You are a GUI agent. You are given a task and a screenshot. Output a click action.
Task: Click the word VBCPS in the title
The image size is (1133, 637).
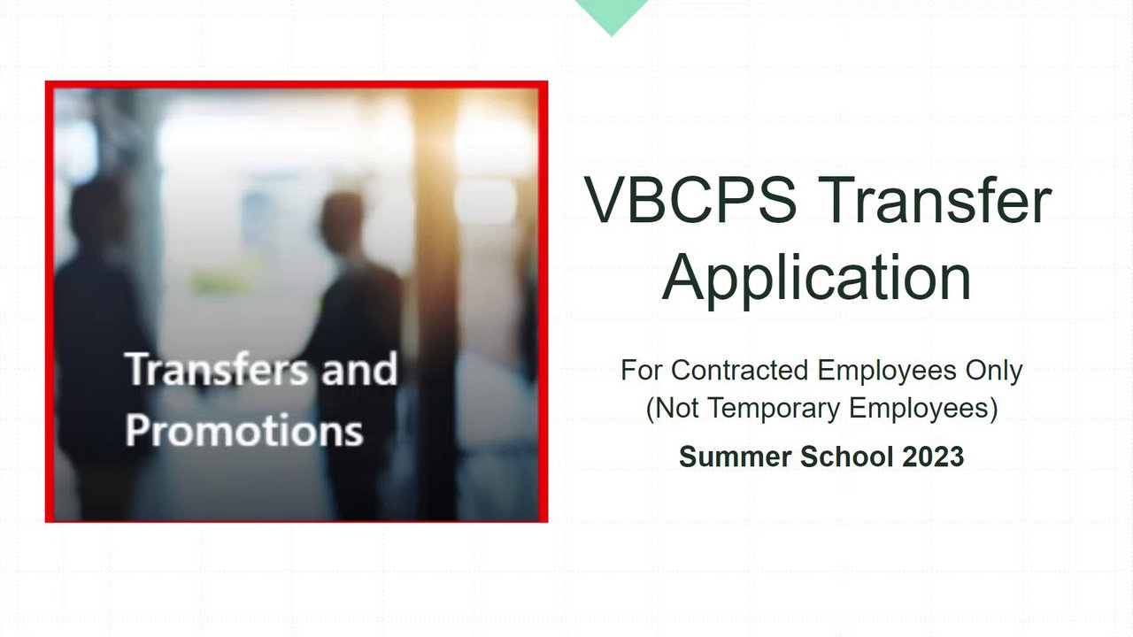tap(690, 200)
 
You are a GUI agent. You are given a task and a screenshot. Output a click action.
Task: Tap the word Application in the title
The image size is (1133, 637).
tap(816, 279)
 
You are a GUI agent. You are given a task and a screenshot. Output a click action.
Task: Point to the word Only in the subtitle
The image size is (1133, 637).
tap(994, 372)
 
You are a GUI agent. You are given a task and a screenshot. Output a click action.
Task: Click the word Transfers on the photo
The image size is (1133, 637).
tap(217, 369)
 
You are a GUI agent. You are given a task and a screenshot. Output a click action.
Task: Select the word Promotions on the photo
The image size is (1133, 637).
tap(243, 430)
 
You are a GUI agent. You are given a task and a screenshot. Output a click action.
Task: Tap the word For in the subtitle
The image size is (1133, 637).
tap(642, 370)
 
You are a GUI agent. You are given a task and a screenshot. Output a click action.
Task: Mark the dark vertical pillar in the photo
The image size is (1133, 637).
tap(436, 303)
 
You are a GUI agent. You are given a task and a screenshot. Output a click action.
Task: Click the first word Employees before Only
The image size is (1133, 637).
tap(887, 372)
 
